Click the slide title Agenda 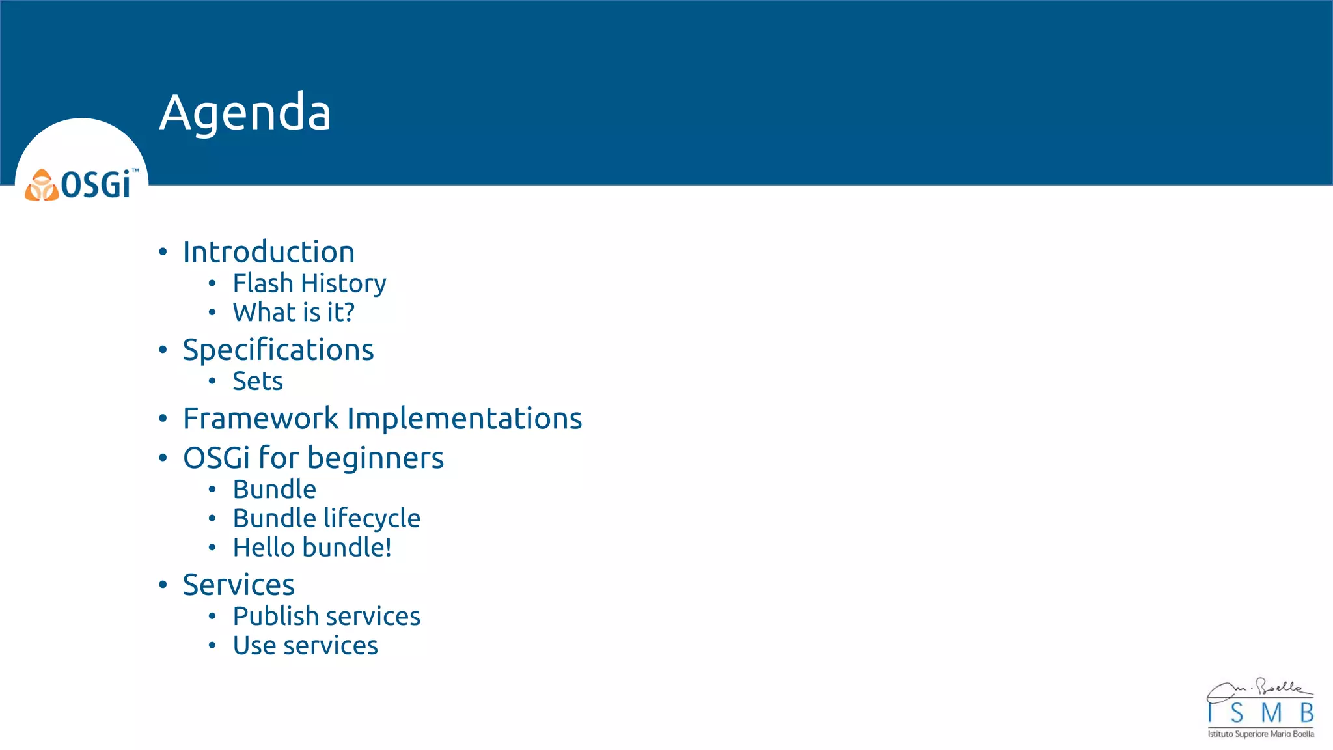pyautogui.click(x=245, y=112)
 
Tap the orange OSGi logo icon pyautogui.click(x=42, y=185)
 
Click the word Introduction pyautogui.click(x=268, y=252)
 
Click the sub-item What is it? pyautogui.click(x=294, y=312)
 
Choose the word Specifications pyautogui.click(x=278, y=350)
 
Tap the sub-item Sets pyautogui.click(x=258, y=381)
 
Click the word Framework pyautogui.click(x=260, y=418)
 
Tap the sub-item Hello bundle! pyautogui.click(x=312, y=548)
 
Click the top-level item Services pyautogui.click(x=238, y=585)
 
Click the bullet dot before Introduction pyautogui.click(x=163, y=252)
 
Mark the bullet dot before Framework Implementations pyautogui.click(x=163, y=418)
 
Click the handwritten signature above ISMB pyautogui.click(x=1259, y=689)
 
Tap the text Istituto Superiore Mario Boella pyautogui.click(x=1261, y=734)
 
